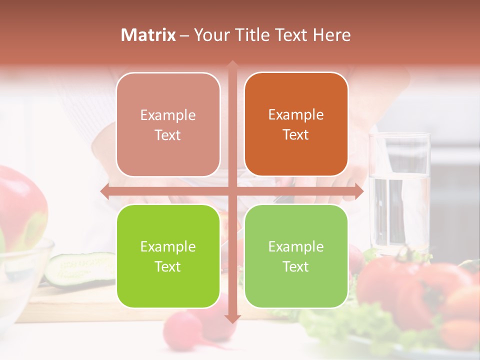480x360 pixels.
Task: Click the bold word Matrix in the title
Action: [148, 35]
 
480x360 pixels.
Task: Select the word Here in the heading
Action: [331, 35]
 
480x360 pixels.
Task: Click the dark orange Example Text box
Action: [296, 124]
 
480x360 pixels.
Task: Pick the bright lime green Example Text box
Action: [168, 256]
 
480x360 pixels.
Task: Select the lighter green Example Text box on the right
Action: [296, 256]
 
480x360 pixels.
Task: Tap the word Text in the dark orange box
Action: [296, 135]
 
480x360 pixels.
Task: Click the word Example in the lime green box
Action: [168, 246]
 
